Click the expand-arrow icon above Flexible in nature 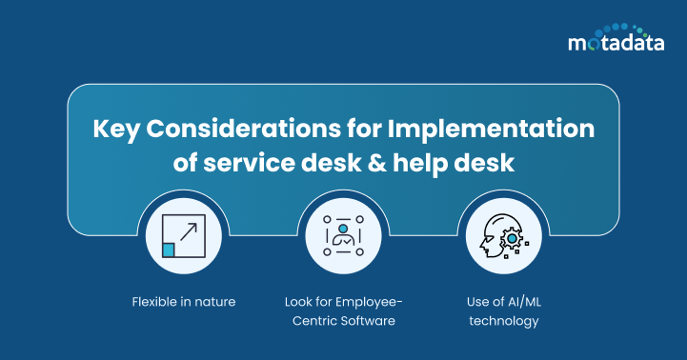pyautogui.click(x=183, y=237)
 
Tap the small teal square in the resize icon pyautogui.click(x=169, y=250)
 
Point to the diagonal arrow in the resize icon pyautogui.click(x=189, y=231)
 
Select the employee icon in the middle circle pyautogui.click(x=342, y=237)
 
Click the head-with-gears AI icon pyautogui.click(x=502, y=237)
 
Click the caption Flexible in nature pyautogui.click(x=183, y=302)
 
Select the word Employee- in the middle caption pyautogui.click(x=371, y=302)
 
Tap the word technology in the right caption pyautogui.click(x=503, y=321)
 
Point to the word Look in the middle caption pyautogui.click(x=298, y=302)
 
